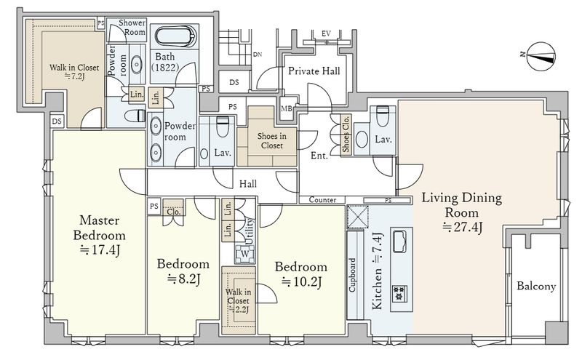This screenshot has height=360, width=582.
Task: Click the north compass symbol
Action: tap(541, 56)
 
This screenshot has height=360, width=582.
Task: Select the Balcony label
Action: tap(536, 286)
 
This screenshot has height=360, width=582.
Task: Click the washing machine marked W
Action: tap(244, 254)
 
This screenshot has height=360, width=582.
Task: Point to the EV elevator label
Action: tap(326, 33)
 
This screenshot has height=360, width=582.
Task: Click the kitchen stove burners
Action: tap(399, 293)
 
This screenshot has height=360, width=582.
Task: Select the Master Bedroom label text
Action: tap(99, 228)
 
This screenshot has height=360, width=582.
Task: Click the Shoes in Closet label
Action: tap(271, 140)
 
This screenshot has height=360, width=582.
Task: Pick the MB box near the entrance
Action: tap(286, 109)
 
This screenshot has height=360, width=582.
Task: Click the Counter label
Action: tap(322, 200)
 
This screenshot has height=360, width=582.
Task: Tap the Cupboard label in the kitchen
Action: tap(352, 275)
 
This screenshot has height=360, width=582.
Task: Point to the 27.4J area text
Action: tap(462, 227)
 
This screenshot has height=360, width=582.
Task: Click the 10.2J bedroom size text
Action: tap(301, 281)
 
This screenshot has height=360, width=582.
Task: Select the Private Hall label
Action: tap(314, 71)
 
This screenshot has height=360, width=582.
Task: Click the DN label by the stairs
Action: tap(258, 55)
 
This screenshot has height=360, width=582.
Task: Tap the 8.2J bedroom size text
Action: tap(183, 279)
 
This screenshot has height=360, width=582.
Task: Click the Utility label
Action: tap(250, 231)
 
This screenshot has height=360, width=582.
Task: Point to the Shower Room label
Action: tap(132, 28)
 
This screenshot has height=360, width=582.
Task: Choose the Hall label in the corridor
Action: tap(247, 184)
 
